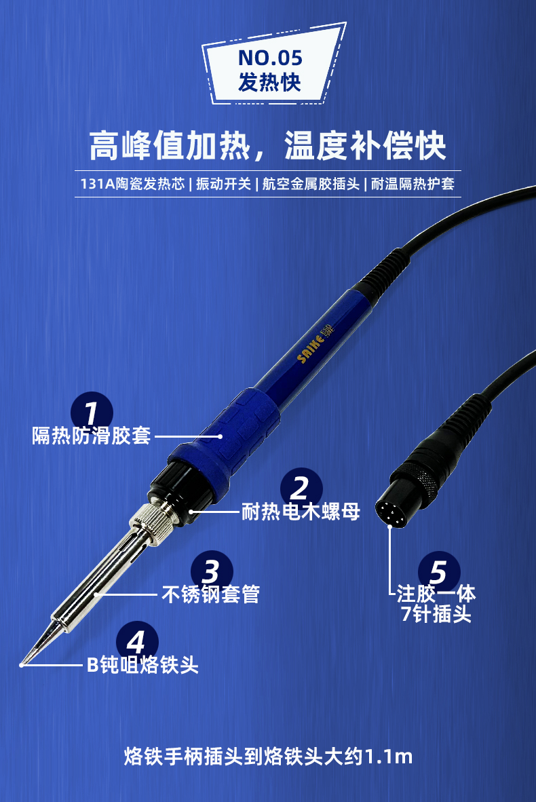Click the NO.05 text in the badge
click(x=270, y=58)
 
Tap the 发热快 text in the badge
click(x=269, y=82)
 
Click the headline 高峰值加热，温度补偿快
click(x=267, y=146)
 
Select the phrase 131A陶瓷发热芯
click(x=132, y=184)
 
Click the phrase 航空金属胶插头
click(x=311, y=184)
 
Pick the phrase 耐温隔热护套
click(x=413, y=184)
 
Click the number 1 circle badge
click(x=92, y=413)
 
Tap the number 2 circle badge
click(x=301, y=488)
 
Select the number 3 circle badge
click(x=212, y=571)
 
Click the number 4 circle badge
click(x=137, y=642)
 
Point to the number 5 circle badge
click(x=439, y=572)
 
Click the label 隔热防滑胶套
click(x=92, y=436)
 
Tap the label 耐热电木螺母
click(x=301, y=511)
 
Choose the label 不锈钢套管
click(x=211, y=594)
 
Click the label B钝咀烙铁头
click(x=142, y=665)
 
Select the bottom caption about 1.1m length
click(x=268, y=757)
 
